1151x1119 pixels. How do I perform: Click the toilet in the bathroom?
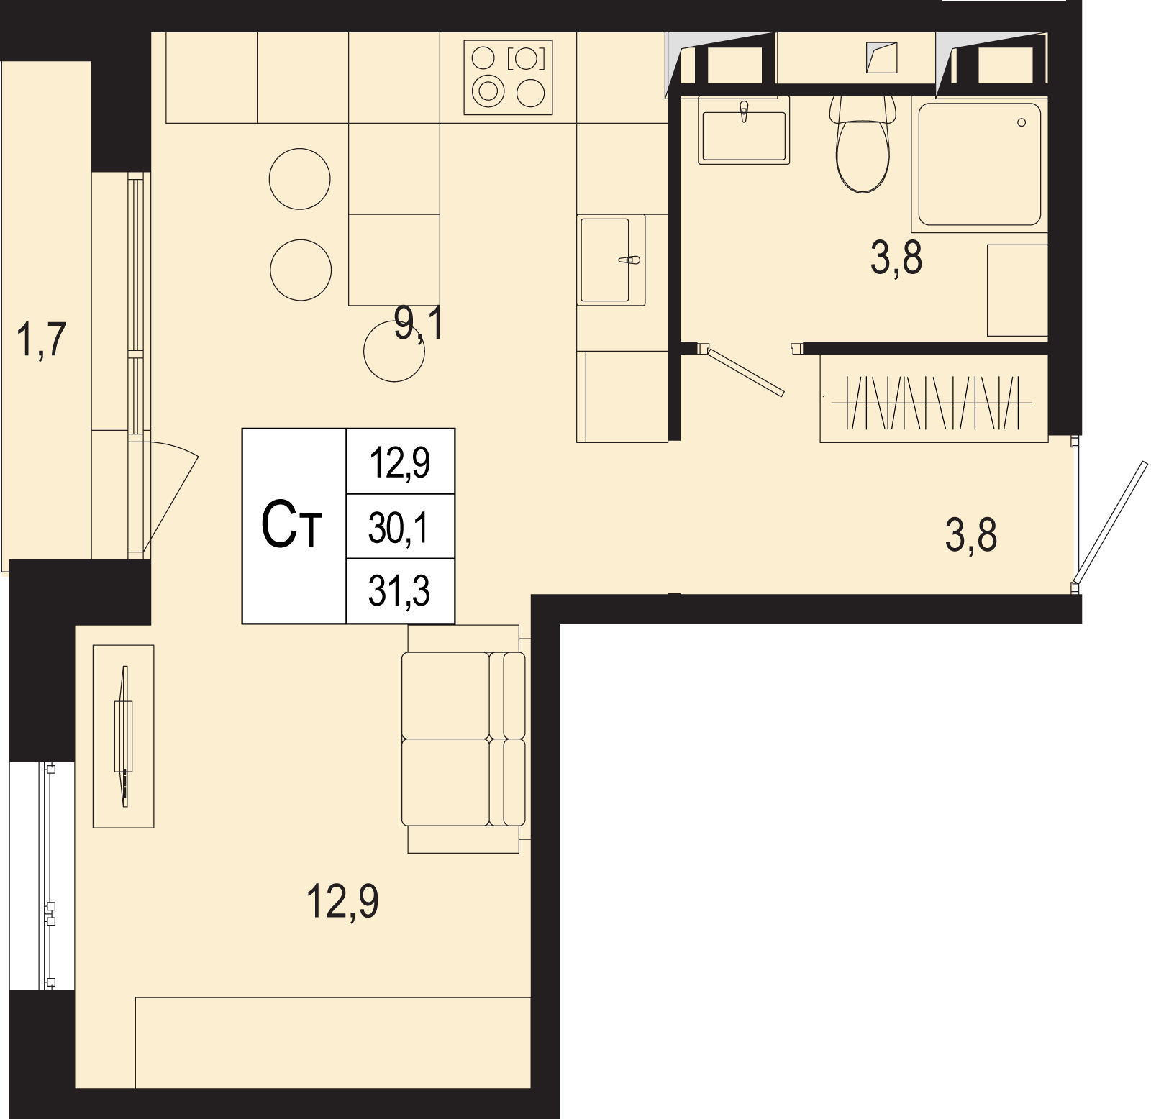point(863,144)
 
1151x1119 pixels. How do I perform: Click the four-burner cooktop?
point(509,77)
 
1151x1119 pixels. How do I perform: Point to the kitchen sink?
point(611,260)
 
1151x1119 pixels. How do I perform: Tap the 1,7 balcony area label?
point(41,339)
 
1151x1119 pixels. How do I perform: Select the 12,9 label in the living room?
point(342,901)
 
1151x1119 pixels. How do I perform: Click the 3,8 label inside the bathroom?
point(896,257)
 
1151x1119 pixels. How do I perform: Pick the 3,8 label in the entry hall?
point(971,535)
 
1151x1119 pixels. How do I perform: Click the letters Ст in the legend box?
point(291,525)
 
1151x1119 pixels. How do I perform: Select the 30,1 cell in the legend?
point(399,528)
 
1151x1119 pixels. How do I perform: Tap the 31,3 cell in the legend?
point(399,591)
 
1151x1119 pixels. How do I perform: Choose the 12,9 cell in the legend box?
point(399,462)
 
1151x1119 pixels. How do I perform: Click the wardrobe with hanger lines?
point(934,399)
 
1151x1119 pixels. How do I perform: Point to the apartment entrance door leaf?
point(1109,522)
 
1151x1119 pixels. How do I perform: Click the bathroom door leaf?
point(745,371)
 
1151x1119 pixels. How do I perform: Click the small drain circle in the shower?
point(1022,122)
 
